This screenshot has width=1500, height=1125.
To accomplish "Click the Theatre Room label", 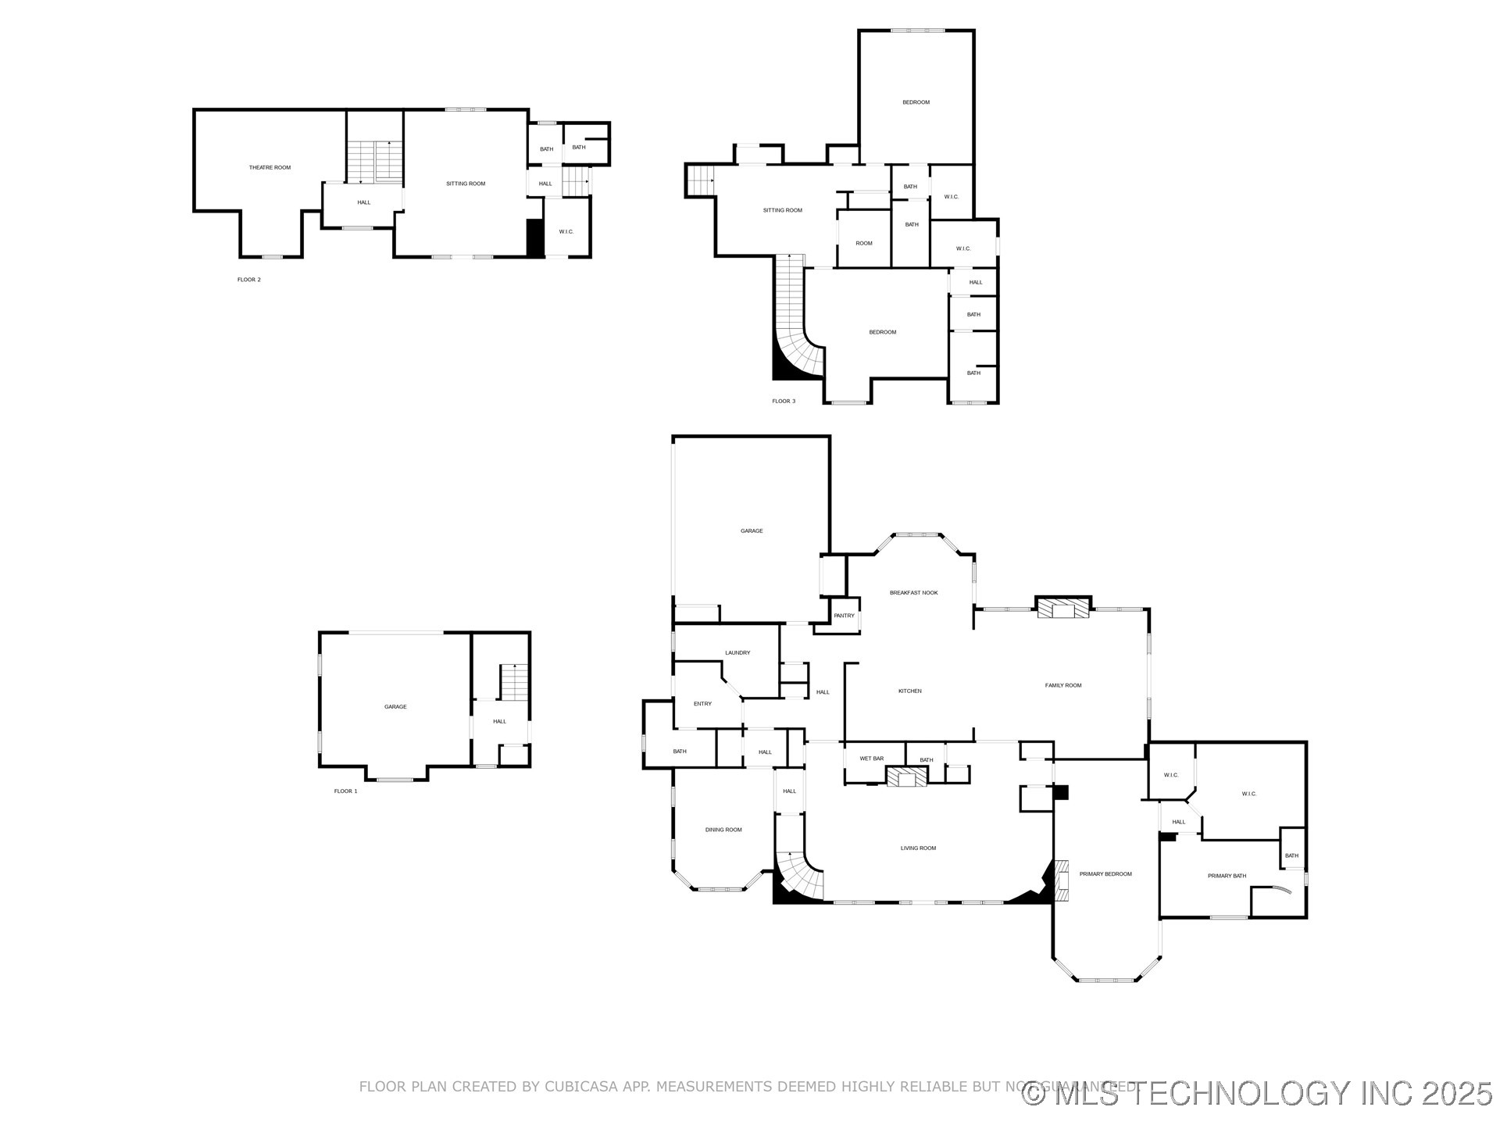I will pos(270,167).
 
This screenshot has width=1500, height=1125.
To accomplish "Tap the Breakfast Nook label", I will pos(913,593).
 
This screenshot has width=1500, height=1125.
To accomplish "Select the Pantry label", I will pos(844,616).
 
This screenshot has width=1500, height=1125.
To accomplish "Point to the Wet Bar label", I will pos(871,759).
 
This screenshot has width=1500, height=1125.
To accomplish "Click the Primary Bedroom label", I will pos(1105,874).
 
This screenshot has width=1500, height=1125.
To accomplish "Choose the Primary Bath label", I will pos(1227,876).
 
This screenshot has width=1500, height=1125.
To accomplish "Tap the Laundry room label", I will pos(737,653).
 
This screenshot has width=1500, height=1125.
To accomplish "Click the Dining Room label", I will pos(723,830).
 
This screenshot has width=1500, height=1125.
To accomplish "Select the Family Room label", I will pos(1062,685).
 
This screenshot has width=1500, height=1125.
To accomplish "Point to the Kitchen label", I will pos(909,691).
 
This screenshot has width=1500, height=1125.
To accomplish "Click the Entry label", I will pos(702,704).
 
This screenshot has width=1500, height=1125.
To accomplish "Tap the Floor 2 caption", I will pos(249,280).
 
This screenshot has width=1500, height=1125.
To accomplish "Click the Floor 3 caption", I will pos(784,402).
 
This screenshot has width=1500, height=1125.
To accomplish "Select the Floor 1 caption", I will pos(345,791).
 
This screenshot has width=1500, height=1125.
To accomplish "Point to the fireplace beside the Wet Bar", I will pos(906,777).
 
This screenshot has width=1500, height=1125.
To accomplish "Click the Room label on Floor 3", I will pos(863,244).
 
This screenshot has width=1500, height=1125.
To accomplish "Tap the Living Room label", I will pos(917,848).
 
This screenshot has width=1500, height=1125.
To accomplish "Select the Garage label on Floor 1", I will pos(395,707).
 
